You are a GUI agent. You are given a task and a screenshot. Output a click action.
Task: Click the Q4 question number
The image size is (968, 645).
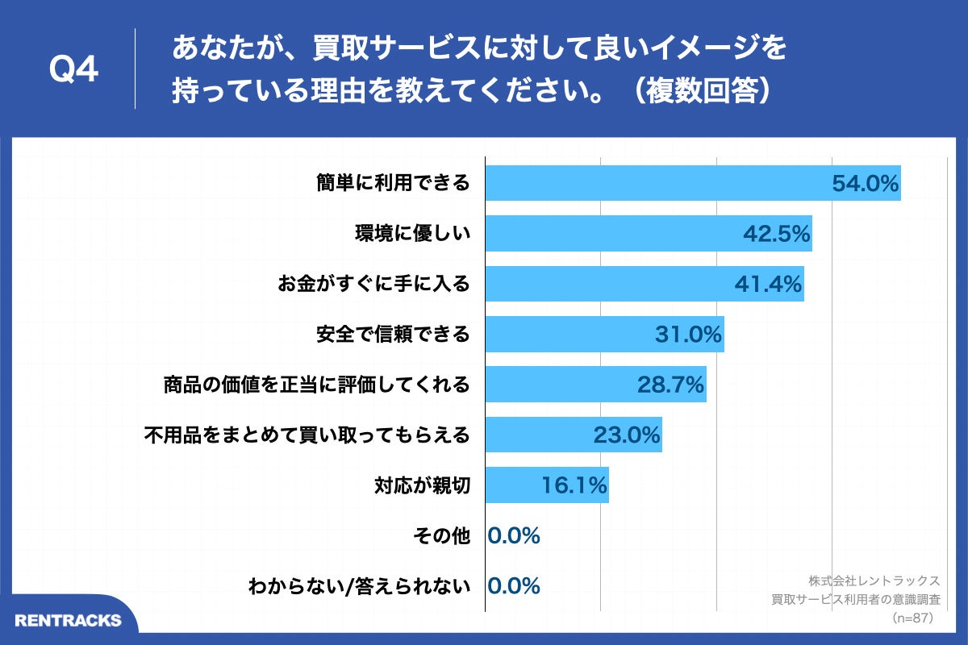point(73,70)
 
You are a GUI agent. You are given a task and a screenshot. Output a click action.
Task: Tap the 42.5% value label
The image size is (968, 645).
point(775,234)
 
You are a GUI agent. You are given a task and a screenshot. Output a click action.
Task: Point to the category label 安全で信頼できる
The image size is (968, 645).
point(393,334)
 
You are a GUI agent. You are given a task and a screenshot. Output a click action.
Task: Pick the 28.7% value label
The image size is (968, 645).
point(671,385)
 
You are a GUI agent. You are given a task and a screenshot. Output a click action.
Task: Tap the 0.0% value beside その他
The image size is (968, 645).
point(514,535)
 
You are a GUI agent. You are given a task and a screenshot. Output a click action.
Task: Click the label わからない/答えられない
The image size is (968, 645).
point(360,586)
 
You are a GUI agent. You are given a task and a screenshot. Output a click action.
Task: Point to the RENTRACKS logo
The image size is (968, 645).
point(68,620)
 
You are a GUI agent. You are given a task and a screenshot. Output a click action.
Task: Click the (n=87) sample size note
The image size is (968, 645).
point(912,618)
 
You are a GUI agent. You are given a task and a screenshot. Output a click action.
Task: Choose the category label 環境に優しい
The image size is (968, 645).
point(412,234)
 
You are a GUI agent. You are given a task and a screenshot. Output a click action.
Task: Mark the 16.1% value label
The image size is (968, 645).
point(573,485)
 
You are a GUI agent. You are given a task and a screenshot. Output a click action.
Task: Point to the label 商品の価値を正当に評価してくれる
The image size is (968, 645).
point(316,385)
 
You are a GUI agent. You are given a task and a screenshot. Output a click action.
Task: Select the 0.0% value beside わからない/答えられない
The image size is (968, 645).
point(514,586)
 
